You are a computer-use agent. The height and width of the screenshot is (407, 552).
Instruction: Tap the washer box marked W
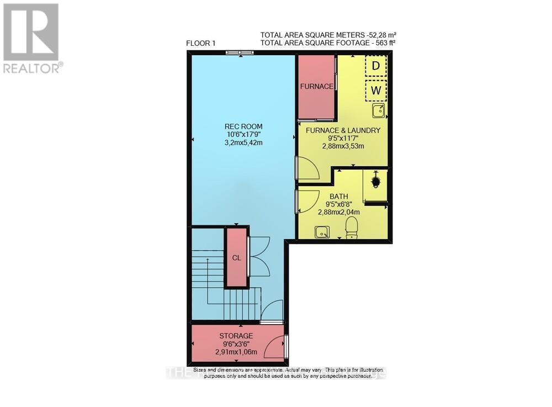[x=376, y=89]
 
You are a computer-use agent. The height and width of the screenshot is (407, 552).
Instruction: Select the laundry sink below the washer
[x=378, y=112]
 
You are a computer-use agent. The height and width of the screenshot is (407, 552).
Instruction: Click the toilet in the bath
[x=351, y=228]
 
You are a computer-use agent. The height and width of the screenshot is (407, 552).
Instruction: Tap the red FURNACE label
[x=316, y=87]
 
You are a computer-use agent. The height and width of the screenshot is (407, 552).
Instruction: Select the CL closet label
[x=236, y=257]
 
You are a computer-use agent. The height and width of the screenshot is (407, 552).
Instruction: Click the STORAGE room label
[x=236, y=336]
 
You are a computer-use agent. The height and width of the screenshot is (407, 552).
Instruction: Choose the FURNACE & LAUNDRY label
[x=343, y=130]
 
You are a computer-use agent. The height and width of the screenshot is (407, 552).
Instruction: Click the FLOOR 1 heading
[x=201, y=43]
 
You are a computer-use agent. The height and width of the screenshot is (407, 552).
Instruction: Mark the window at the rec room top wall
[x=240, y=52]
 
